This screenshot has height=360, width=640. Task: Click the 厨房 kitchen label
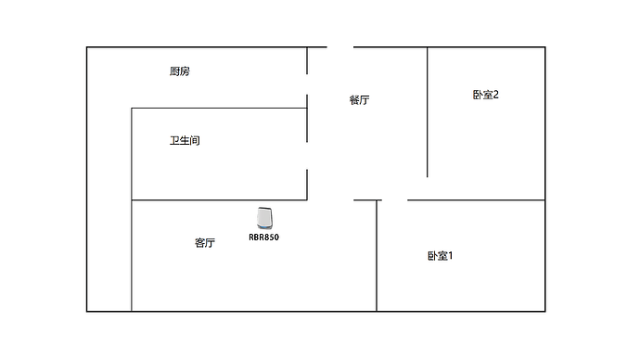[180, 71]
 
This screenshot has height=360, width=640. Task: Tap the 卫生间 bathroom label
[185, 141]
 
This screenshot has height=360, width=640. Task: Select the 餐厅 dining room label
[359, 100]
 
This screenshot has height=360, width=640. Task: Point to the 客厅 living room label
[205, 243]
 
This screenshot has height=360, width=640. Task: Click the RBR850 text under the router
[263, 238]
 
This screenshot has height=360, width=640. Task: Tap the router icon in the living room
[265, 218]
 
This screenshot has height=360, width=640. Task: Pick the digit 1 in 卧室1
[451, 255]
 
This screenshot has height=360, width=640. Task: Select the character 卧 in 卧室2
[478, 95]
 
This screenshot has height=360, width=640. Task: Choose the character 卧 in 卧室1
[432, 255]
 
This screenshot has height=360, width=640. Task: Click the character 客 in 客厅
[199, 243]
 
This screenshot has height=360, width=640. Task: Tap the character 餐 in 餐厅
[353, 100]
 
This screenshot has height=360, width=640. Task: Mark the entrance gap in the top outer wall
[340, 47]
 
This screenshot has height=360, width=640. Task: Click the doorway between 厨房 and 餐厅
[307, 84]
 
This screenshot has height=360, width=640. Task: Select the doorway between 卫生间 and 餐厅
[307, 155]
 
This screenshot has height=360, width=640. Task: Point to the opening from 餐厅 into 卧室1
[394, 199]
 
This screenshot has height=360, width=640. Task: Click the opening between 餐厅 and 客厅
[330, 199]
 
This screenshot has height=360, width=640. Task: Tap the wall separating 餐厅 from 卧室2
[427, 111]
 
